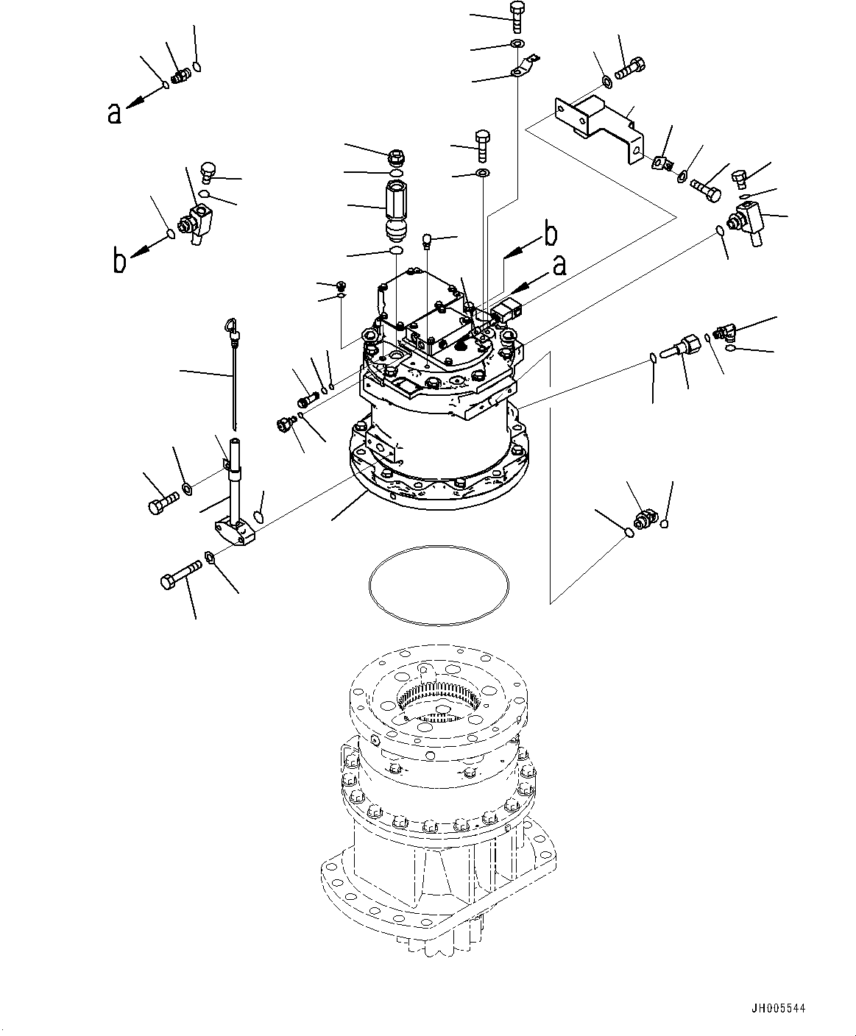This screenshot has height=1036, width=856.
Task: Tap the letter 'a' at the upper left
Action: tap(114, 113)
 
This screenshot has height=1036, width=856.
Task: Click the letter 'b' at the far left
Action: tap(119, 262)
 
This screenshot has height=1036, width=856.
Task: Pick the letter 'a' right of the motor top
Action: tap(559, 266)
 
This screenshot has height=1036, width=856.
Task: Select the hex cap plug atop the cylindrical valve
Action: tap(396, 157)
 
